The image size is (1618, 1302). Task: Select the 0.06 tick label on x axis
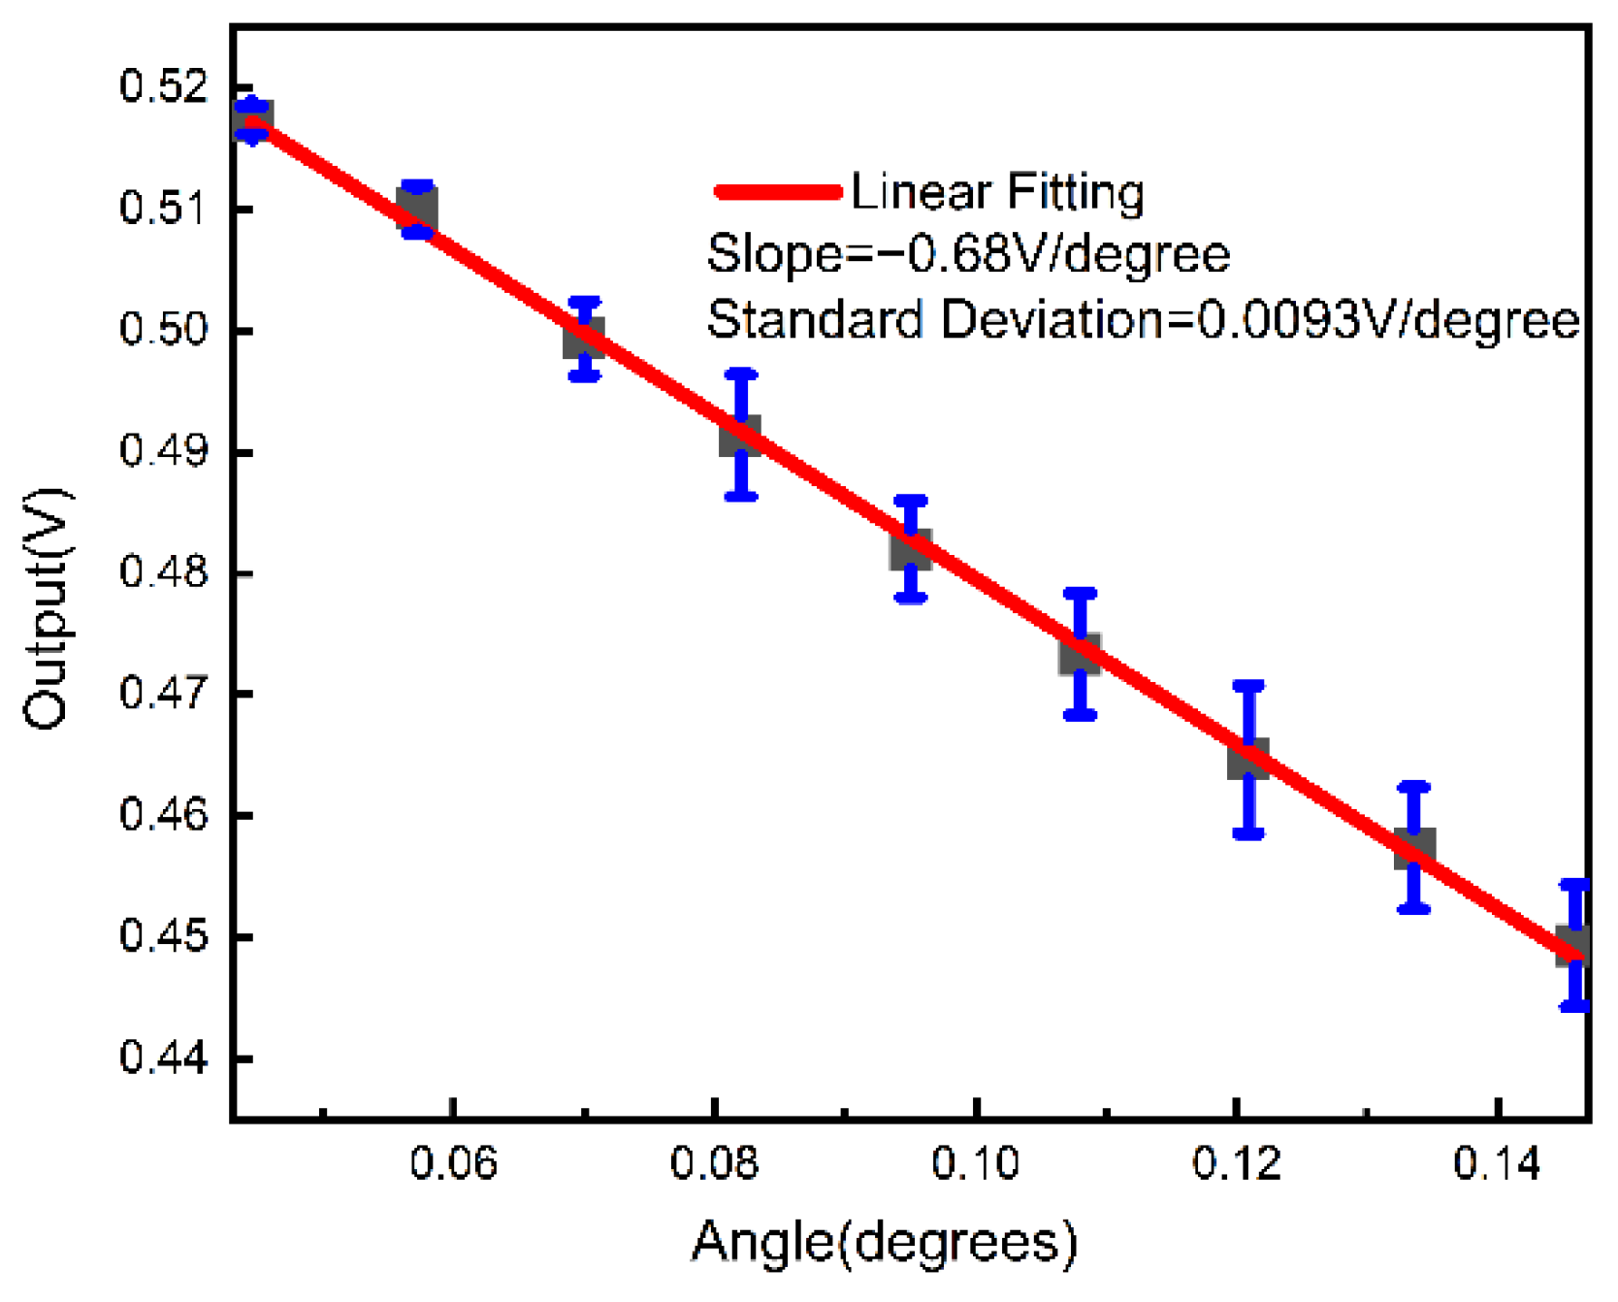point(453,1161)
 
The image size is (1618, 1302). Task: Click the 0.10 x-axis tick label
point(975,1161)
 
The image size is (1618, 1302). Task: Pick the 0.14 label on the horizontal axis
point(1497,1161)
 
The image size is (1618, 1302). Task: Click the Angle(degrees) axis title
point(884,1242)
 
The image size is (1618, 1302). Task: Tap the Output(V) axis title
point(46,609)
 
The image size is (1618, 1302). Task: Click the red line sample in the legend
point(777,191)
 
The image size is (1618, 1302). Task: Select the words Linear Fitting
point(997,191)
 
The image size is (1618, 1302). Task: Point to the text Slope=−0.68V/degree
point(968,255)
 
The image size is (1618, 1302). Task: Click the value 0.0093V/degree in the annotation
point(1388,319)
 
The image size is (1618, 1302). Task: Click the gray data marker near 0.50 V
point(584,338)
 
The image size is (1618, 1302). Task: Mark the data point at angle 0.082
point(740,436)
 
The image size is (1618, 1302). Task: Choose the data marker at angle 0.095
point(911,549)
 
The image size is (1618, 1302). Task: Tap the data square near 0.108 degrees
point(1080,654)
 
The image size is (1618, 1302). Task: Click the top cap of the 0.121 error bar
point(1248,685)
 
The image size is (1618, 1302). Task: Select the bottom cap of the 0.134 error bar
point(1414,909)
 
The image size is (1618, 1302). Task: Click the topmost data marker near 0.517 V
point(253,120)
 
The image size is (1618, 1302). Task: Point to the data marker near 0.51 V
point(417,209)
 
